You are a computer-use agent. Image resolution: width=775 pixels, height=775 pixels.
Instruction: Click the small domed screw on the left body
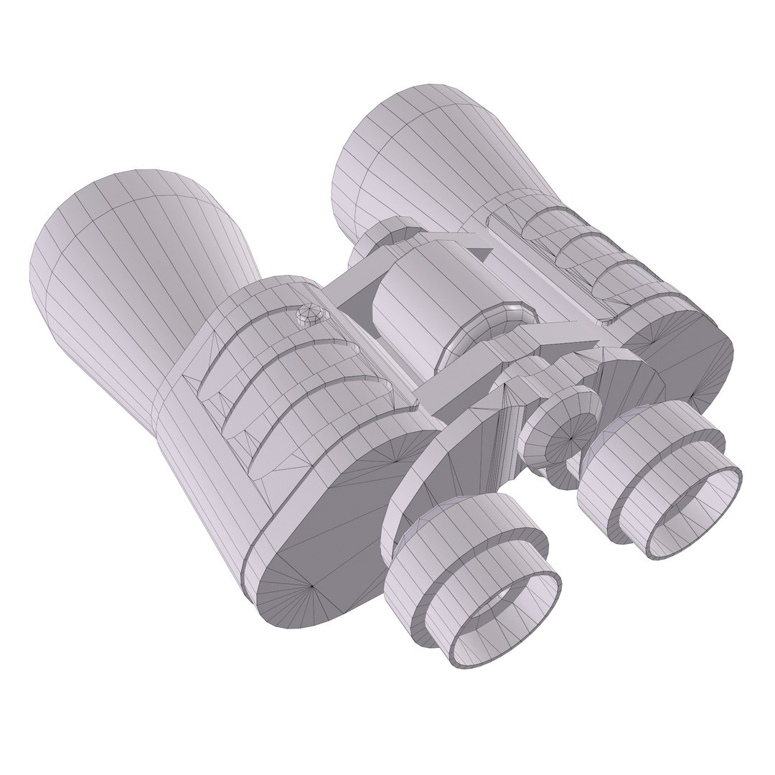tap(311, 314)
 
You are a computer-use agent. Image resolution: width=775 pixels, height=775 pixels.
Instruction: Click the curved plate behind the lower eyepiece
tap(423, 474)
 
